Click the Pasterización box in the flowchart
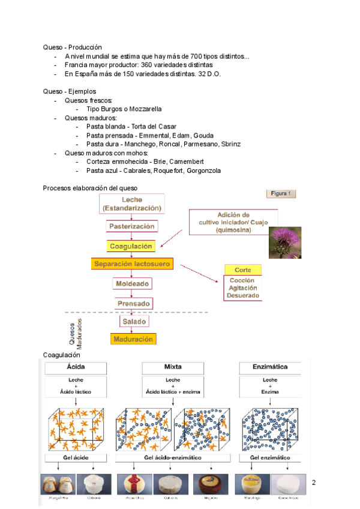click(x=132, y=226)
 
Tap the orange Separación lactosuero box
click(x=132, y=264)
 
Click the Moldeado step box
click(x=131, y=283)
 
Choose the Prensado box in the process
click(x=133, y=303)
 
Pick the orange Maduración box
click(x=133, y=339)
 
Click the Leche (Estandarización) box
click(x=132, y=203)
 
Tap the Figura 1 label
click(x=281, y=193)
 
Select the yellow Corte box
click(x=244, y=270)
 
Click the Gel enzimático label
click(x=270, y=458)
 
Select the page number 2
click(x=314, y=482)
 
